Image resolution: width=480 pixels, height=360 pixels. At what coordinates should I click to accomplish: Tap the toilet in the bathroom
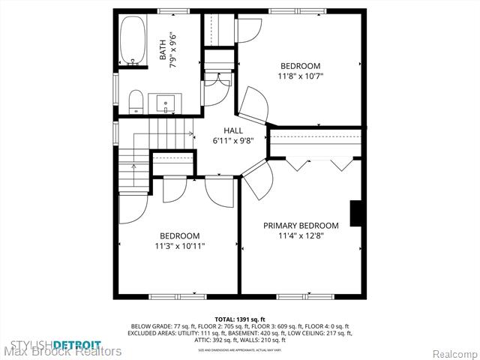pos(135,102)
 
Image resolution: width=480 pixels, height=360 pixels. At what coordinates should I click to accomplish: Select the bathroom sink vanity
pos(166,103)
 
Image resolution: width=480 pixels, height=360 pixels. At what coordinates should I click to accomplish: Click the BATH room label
pos(163,50)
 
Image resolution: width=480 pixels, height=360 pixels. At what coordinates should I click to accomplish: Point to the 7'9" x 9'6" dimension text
pos(174,51)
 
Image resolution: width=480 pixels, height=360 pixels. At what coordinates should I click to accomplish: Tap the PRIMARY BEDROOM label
pos(300,225)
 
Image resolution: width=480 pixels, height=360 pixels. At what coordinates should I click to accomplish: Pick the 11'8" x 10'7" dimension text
pos(300,76)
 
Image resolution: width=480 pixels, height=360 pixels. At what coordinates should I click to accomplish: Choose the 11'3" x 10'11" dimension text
pos(179,245)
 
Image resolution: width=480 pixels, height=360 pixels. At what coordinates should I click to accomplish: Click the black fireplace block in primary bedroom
pos(358,213)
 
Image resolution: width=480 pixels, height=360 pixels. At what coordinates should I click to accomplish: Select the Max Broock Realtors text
pos(61,351)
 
